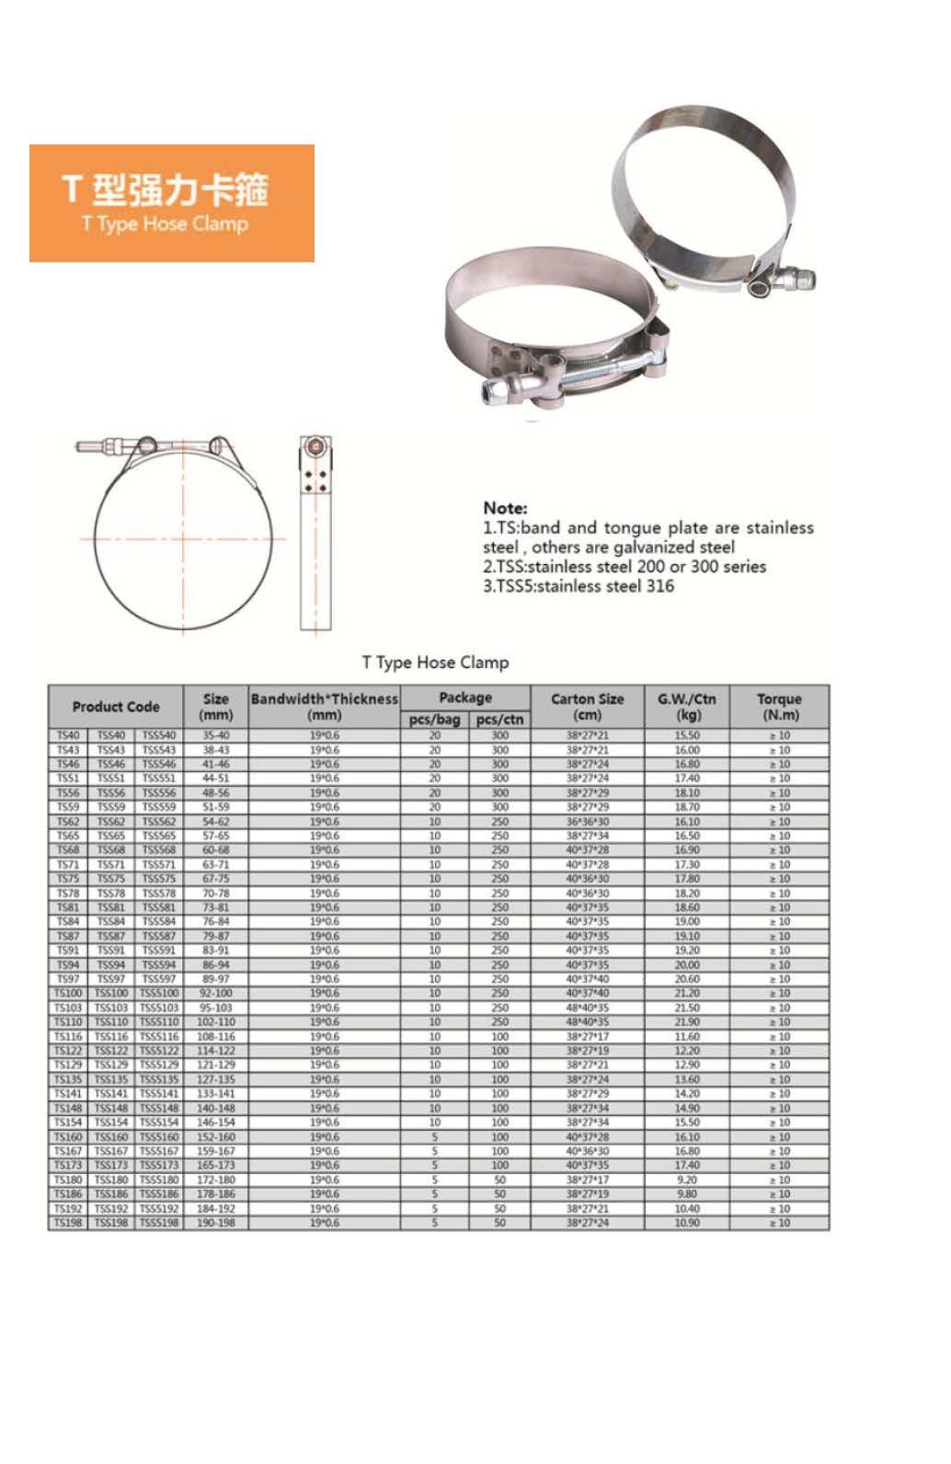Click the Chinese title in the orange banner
point(166,188)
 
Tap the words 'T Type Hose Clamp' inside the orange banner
point(165,224)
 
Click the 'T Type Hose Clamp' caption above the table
point(435,663)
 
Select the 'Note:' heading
point(505,508)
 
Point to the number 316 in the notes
point(659,586)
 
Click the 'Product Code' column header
point(116,707)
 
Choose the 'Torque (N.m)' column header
point(779,707)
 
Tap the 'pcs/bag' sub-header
point(434,720)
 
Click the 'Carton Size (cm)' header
point(587,707)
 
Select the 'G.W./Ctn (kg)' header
point(687,707)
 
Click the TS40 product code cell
point(68,735)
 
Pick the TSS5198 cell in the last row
point(159,1223)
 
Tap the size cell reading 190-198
point(216,1223)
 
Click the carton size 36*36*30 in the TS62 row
point(588,822)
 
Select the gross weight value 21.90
point(687,1022)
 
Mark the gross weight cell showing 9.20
point(687,1180)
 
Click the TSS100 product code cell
point(111,994)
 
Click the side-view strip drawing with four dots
point(315,534)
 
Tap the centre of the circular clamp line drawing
point(184,539)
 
